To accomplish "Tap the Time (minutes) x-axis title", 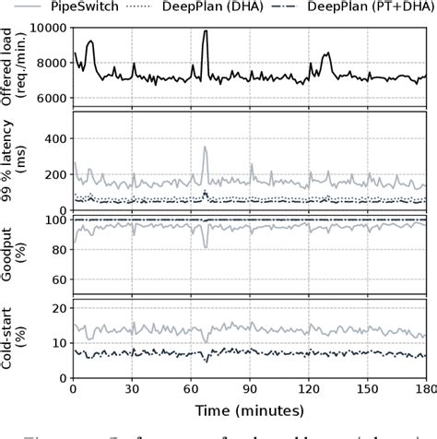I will [x=249, y=408].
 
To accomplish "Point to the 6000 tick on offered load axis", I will [x=53, y=98].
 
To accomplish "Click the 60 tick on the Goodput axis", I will [x=59, y=279].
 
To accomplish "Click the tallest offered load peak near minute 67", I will [x=205, y=31].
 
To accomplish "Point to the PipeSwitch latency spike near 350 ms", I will [x=205, y=148].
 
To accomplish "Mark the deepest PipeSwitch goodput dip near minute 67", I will [x=206, y=247].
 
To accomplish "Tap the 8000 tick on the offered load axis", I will [x=53, y=64].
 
